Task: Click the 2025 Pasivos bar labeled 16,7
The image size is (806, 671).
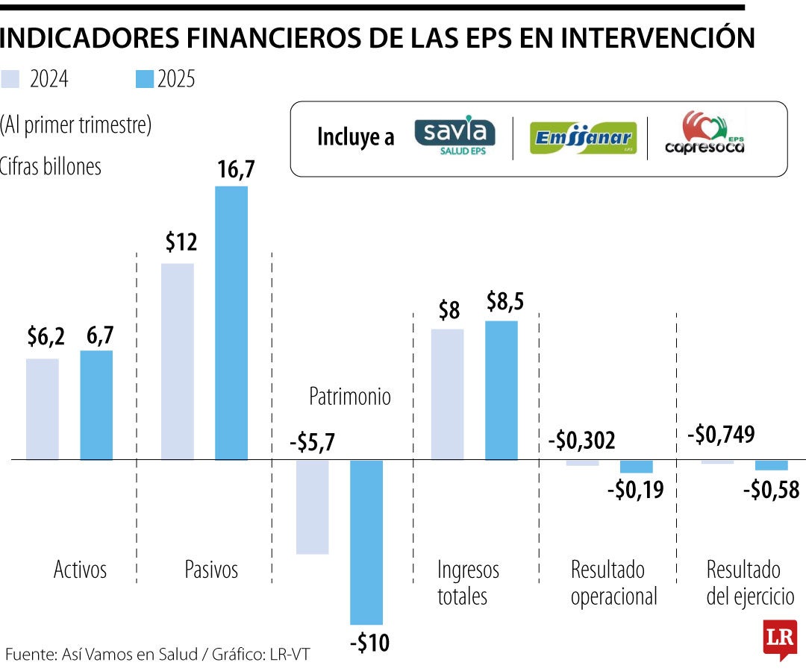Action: coord(231,323)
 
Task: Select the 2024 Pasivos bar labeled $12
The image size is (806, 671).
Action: coord(178,362)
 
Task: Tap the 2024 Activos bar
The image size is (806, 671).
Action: coord(43,409)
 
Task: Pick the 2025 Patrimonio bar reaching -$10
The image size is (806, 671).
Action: coord(366,542)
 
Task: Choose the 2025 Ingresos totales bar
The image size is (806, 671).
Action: coord(502,390)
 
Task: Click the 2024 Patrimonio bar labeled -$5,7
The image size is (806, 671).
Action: coord(312,507)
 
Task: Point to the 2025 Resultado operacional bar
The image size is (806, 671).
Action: coord(637,467)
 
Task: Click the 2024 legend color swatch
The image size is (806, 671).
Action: coord(11,79)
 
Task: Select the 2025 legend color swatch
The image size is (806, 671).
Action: coord(145,79)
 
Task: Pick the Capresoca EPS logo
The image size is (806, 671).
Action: coord(705,135)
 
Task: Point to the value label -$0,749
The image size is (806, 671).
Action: coord(720,434)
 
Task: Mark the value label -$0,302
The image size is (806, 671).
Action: coord(581,441)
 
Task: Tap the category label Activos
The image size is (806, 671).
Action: coord(81,570)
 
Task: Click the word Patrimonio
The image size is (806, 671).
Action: coord(350,396)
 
